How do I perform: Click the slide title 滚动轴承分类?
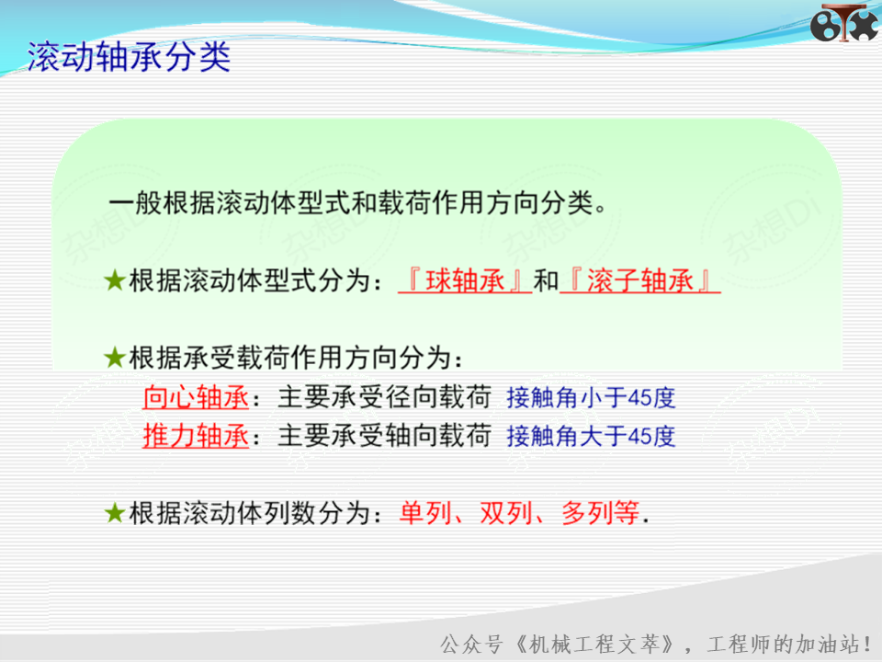point(129,56)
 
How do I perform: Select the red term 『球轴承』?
point(465,280)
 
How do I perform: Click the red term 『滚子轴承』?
point(640,280)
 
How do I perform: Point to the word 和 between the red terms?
point(546,280)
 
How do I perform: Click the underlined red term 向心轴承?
point(196,397)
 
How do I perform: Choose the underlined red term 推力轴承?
point(196,436)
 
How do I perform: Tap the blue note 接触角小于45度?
point(591,398)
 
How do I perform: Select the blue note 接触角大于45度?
point(591,436)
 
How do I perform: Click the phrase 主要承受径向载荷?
point(385,397)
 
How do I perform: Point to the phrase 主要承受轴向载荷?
point(385,436)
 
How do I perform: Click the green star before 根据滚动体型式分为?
point(115,280)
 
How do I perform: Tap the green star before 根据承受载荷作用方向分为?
point(115,358)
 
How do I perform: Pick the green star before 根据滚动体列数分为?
point(115,513)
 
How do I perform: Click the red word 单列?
point(425,513)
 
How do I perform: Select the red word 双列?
point(506,513)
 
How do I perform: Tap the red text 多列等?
point(600,513)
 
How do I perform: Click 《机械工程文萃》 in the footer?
point(594,644)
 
